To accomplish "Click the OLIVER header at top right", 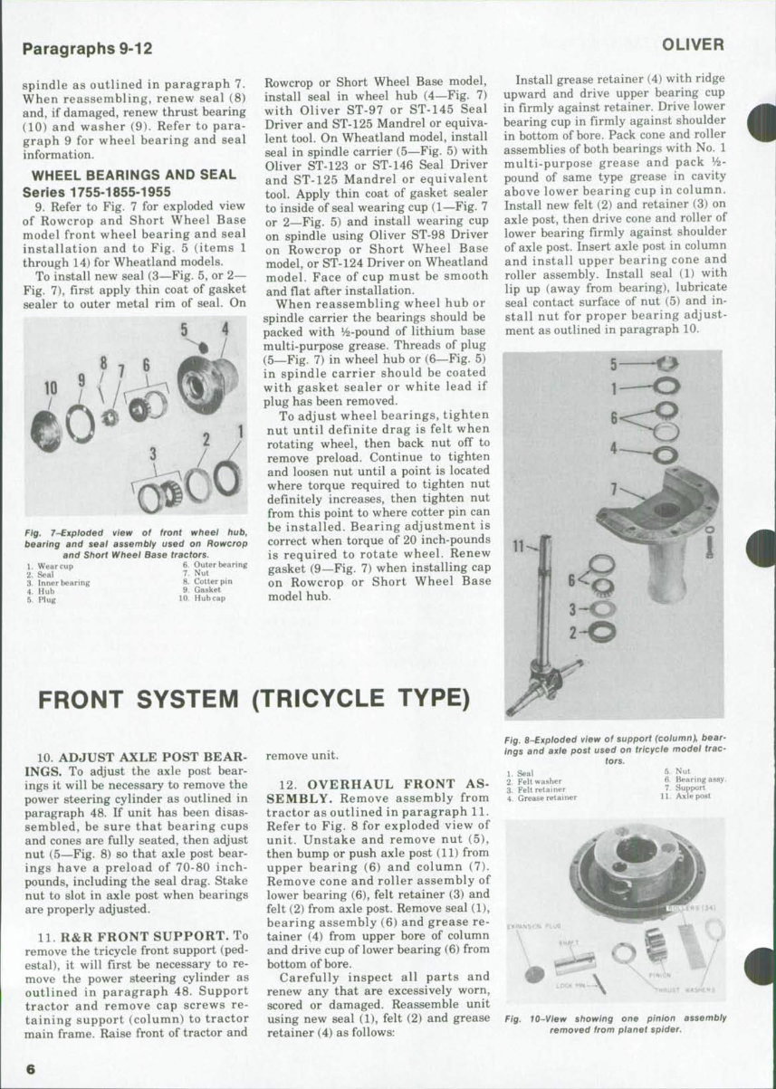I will coord(693,44).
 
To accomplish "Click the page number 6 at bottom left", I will coord(30,1068).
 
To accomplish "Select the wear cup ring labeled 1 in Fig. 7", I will coord(227,478).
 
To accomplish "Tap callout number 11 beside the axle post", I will coord(517,546).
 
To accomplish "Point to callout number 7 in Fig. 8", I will coord(614,486).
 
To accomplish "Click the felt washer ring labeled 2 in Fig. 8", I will coord(601,633).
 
